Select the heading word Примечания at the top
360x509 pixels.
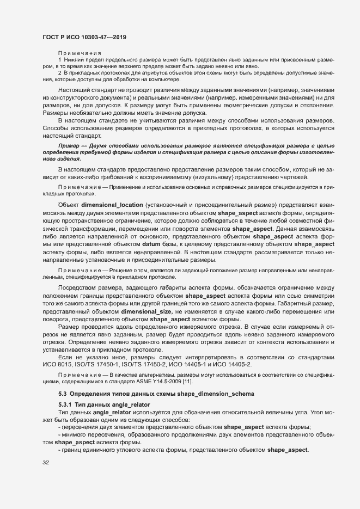pos(76,52)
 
